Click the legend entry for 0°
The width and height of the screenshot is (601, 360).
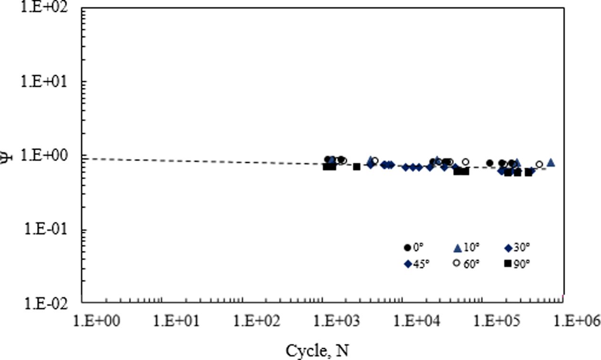pos(413,247)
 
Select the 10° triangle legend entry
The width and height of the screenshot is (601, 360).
pos(466,247)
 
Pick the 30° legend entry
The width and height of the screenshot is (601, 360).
pos(517,247)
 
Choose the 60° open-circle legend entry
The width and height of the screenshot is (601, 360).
pos(465,264)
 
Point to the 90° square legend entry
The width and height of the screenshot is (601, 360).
pos(517,264)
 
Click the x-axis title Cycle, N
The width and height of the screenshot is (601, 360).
pos(317,351)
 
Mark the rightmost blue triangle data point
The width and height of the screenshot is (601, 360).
pos(551,163)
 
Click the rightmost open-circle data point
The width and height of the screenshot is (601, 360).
pos(539,165)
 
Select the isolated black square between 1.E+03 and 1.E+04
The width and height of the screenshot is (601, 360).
pos(356,167)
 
